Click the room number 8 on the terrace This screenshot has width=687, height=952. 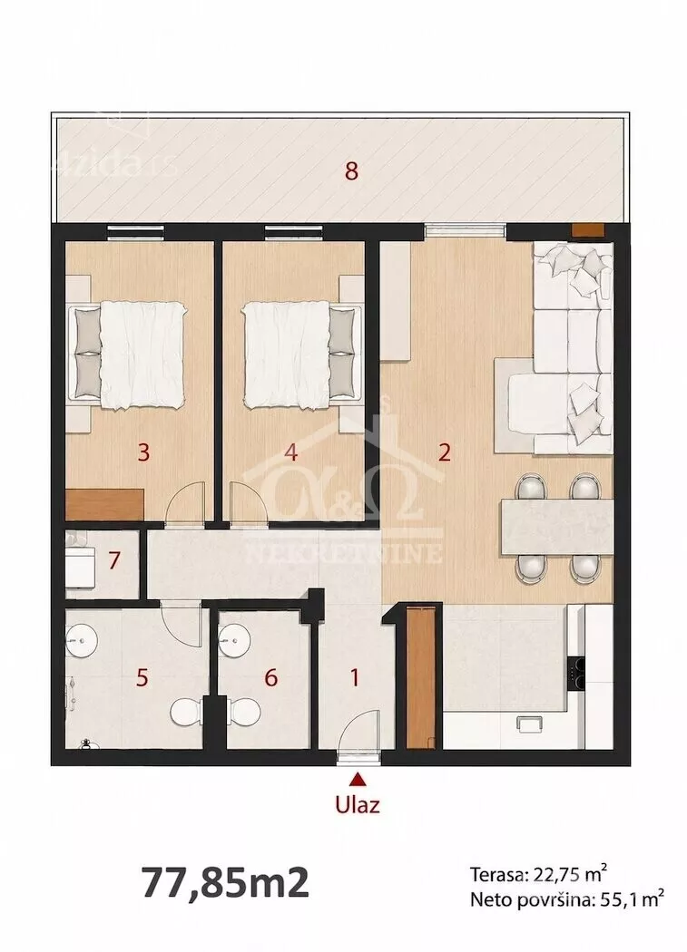point(351,171)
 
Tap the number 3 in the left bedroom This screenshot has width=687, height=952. point(143,452)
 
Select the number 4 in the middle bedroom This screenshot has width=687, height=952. point(291,452)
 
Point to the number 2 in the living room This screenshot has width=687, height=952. point(445,452)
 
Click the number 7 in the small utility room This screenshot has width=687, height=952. point(113,560)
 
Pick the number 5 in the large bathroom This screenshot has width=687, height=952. point(142,677)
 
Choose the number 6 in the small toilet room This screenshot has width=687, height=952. point(271,677)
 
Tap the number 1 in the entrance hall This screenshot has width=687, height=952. point(356,677)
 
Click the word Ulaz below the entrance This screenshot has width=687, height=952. point(358,804)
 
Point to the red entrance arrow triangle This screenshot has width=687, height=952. point(358,778)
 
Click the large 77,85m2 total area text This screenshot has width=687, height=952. point(226,882)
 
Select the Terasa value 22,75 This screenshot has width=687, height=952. point(550,876)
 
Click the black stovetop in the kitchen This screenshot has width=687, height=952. point(577,674)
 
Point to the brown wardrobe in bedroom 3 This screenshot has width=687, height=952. point(104,504)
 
